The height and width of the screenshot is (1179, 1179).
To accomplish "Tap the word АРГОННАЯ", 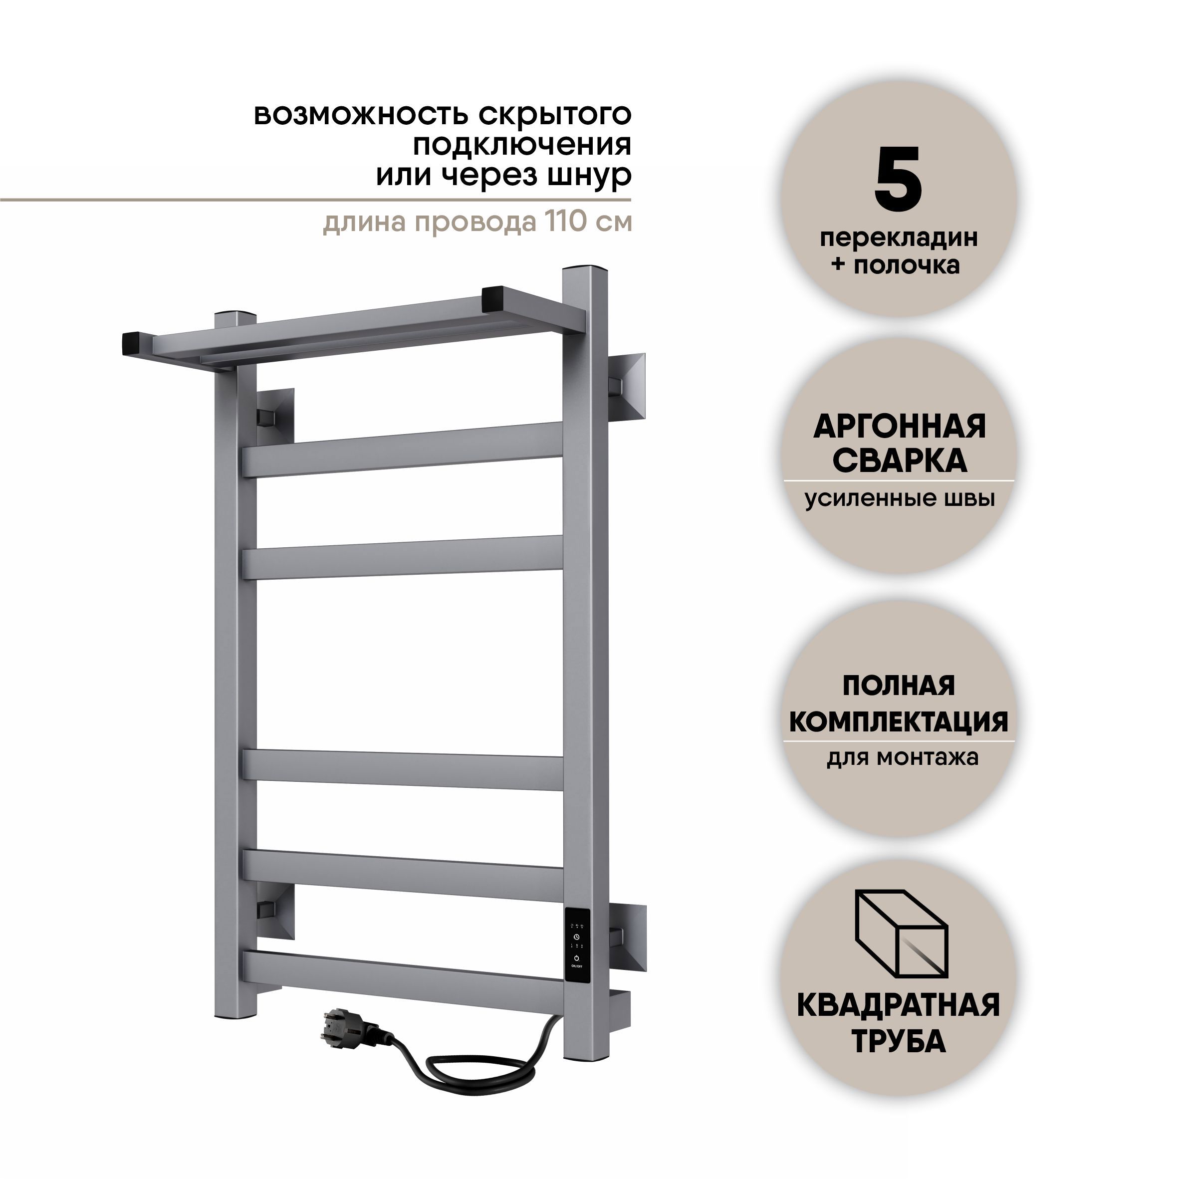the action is [900, 427].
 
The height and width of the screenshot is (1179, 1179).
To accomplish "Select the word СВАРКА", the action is [900, 462].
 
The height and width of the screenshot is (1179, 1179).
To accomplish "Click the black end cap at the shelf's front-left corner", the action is [137, 344].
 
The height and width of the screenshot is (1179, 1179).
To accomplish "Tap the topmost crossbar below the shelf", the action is [403, 450].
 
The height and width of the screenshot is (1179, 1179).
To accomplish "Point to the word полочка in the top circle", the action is [906, 265].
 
